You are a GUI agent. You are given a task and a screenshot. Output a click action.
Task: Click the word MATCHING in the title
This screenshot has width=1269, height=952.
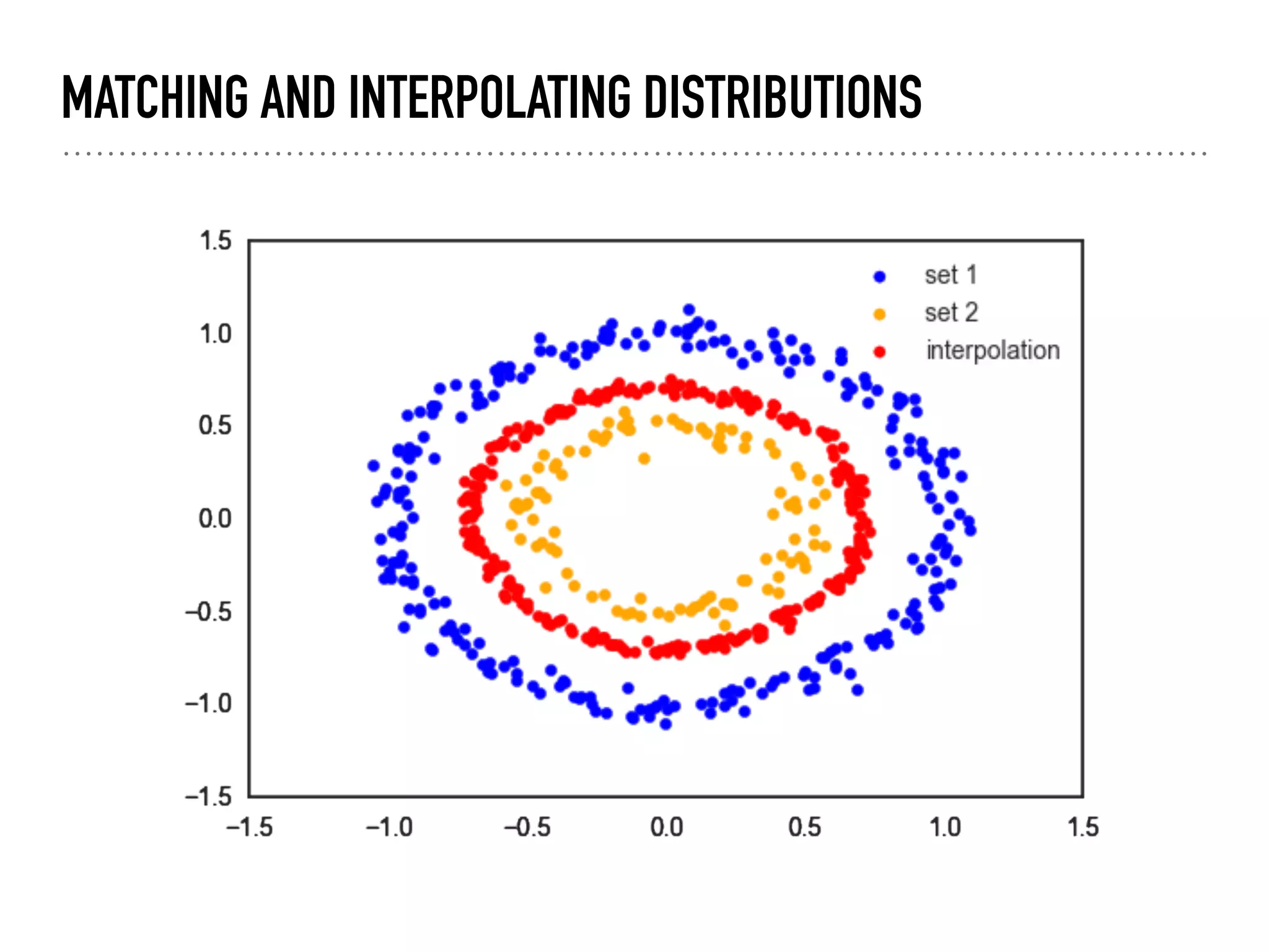155,97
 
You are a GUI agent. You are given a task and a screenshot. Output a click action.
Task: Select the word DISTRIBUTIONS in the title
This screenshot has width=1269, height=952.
783,97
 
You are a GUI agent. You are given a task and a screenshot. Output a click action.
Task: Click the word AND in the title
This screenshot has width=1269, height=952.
298,97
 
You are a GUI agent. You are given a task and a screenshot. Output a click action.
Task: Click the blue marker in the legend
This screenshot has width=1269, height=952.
879,276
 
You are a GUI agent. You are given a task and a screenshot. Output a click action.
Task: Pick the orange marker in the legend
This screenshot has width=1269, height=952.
879,314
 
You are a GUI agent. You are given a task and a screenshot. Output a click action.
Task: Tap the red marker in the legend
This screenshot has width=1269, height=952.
879,352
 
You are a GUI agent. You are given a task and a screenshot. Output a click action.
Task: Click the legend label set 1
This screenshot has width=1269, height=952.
951,275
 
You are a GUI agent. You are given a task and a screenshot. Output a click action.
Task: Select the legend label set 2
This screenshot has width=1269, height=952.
951,313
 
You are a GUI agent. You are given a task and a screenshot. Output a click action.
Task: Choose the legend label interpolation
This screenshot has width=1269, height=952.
993,351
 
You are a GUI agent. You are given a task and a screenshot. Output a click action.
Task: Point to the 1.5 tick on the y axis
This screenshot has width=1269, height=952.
215,241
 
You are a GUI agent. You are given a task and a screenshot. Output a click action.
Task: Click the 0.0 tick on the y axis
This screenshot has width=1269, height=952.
214,519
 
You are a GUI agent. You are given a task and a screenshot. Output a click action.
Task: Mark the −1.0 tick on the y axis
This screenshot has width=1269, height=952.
208,704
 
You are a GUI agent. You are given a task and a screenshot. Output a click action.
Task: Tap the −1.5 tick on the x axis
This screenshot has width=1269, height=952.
249,828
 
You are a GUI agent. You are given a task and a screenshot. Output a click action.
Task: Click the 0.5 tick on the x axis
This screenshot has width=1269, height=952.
804,828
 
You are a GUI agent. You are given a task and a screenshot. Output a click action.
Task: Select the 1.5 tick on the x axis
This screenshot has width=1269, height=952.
1082,828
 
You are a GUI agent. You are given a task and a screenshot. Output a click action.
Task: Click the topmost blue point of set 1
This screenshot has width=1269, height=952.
688,310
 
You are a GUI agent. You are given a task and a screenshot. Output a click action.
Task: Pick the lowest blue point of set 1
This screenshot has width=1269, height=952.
665,724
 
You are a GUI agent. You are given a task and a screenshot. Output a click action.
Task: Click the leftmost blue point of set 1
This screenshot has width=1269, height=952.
373,465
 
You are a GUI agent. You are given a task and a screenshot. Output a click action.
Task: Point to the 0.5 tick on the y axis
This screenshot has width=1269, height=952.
214,426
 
